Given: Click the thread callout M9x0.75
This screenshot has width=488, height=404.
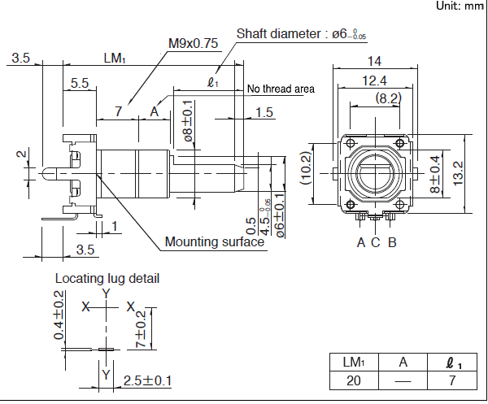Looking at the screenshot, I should [193, 44].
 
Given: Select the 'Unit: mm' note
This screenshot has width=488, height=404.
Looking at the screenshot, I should [460, 6].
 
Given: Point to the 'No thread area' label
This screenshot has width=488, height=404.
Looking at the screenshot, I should [281, 89].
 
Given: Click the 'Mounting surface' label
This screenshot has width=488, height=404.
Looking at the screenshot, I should [215, 241].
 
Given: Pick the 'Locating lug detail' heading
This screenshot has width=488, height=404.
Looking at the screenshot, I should [107, 278].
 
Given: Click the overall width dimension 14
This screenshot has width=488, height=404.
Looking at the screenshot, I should [374, 61].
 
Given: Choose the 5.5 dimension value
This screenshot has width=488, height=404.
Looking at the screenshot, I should [80, 83].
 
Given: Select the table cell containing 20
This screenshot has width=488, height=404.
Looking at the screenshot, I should [353, 380].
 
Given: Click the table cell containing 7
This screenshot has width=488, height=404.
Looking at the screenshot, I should [453, 380].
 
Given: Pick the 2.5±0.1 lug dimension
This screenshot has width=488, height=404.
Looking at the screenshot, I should [147, 380].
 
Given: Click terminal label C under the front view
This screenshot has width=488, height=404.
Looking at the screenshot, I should [375, 241].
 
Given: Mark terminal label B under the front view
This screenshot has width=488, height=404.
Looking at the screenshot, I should [391, 241].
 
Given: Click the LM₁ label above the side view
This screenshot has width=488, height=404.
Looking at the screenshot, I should [115, 59].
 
